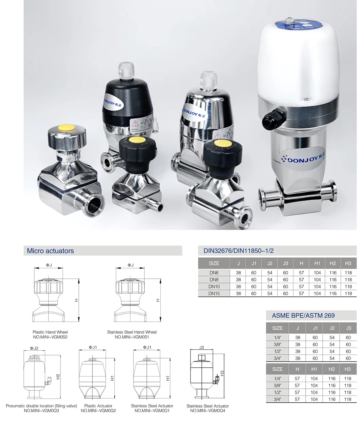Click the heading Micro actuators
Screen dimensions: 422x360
tap(50, 251)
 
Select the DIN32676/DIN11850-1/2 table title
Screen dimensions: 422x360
tap(238, 251)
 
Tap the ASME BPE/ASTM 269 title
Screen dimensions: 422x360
tap(303, 315)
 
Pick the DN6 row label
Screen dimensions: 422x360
tap(214, 273)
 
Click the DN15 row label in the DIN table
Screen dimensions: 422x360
tap(214, 293)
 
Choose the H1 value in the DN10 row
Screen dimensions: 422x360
tap(317, 287)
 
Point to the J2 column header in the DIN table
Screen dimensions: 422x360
tap(270, 263)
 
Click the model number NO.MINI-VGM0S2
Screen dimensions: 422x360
tap(50, 337)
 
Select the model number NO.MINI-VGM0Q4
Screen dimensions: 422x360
tap(208, 411)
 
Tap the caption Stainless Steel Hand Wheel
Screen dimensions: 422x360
tap(132, 332)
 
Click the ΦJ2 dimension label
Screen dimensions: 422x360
tap(34, 348)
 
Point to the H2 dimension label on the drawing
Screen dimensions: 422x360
tap(58, 376)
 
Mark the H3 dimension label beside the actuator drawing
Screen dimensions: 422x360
tap(222, 373)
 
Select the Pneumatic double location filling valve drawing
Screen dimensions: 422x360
tap(35, 378)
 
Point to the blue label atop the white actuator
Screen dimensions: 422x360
tap(296, 25)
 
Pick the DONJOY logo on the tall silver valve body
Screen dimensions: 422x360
tap(299, 159)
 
